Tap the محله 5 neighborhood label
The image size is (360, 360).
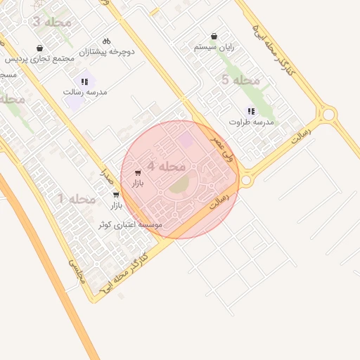click(240, 80)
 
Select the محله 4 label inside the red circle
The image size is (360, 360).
click(162, 167)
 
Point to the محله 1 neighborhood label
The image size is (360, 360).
click(76, 199)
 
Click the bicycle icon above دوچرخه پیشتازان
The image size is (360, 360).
click(106, 41)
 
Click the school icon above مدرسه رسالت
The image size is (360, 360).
click(85, 82)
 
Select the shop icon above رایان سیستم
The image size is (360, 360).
click(214, 36)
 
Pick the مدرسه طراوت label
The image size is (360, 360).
click(251, 122)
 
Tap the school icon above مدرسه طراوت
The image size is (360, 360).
click(251, 111)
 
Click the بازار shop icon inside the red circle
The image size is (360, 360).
click(137, 173)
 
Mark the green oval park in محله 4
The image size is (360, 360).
click(179, 184)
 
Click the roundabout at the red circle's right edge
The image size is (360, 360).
click(246, 181)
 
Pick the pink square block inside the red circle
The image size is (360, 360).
click(186, 140)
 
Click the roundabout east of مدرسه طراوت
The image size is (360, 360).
click(328, 114)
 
